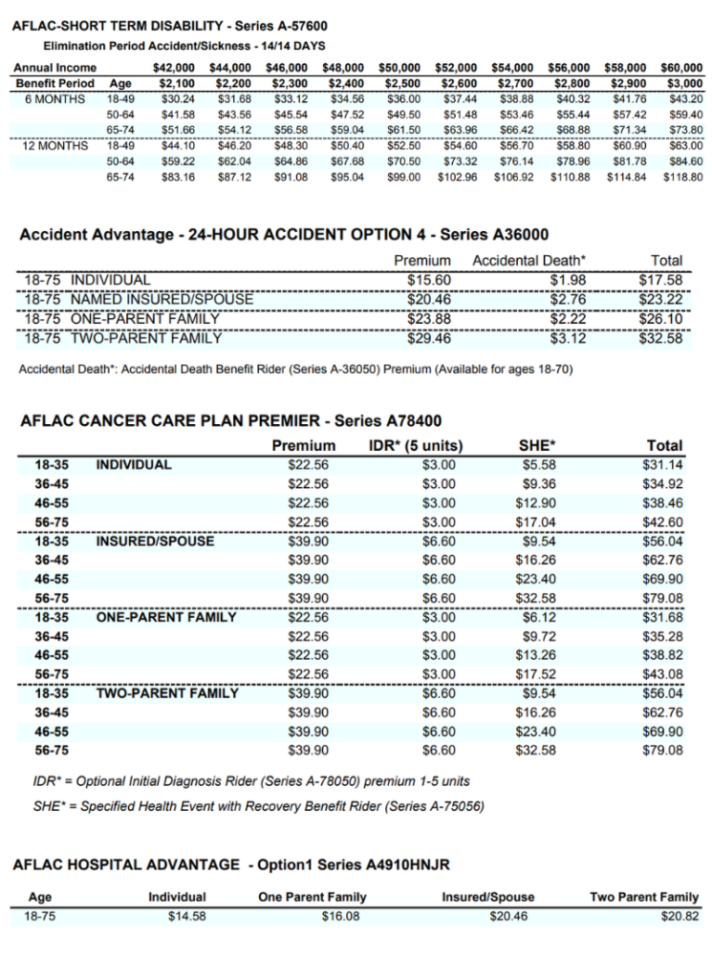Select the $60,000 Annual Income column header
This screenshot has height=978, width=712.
681,68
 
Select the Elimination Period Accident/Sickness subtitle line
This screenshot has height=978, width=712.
184,46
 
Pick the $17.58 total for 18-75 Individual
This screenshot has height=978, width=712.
660,280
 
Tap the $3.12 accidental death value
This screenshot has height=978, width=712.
568,337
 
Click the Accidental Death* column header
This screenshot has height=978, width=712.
529,260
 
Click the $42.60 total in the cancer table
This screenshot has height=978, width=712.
662,521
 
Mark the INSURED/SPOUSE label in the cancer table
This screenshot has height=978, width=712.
155,541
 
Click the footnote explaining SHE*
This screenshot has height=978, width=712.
258,806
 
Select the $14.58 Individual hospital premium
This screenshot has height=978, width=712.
184,916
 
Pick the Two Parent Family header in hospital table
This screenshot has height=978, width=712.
644,897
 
